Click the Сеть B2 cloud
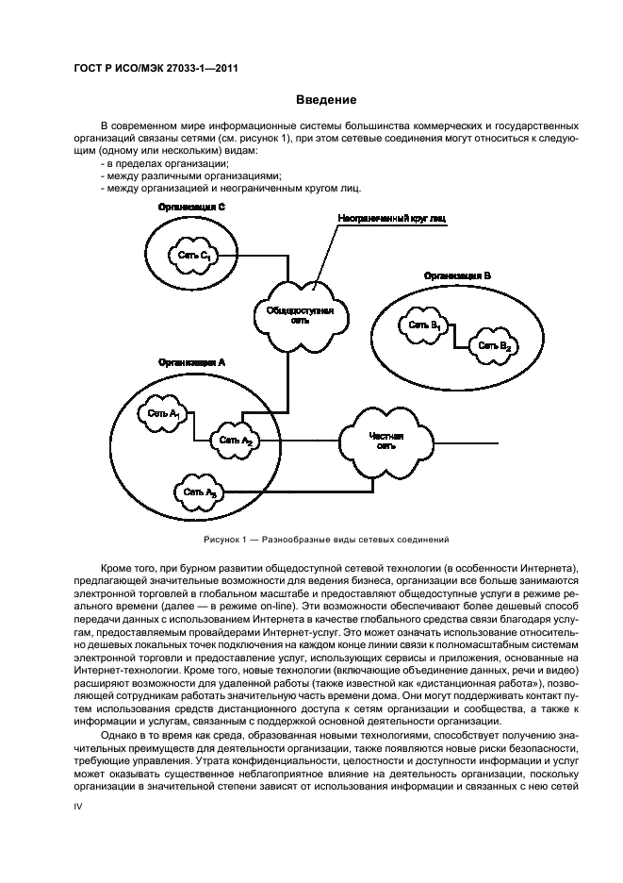point(494,346)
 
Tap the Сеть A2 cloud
point(236,440)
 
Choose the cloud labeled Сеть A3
point(200,492)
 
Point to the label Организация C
point(190,206)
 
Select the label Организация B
point(457,275)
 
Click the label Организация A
point(191,361)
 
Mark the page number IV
point(80,808)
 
